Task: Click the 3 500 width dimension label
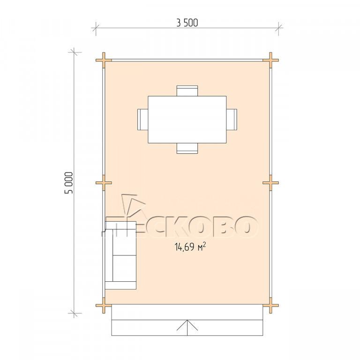[x=187, y=22]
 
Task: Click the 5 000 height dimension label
[x=69, y=183]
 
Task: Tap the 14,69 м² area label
[x=190, y=247]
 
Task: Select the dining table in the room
[x=187, y=120]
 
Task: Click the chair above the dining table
[x=187, y=91]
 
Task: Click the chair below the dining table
[x=187, y=148]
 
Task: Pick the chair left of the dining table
[x=143, y=120]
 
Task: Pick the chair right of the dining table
[x=232, y=120]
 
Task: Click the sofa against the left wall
[x=120, y=255]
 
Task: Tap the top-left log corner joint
[x=104, y=60]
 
